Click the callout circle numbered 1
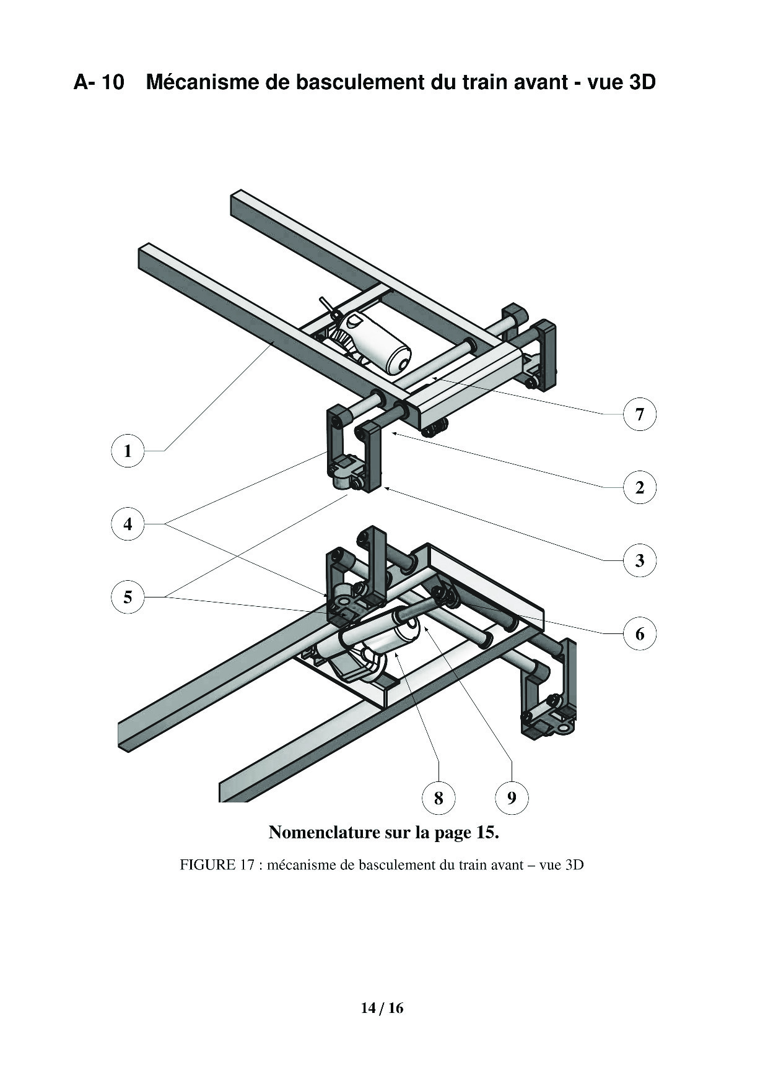pos(128,451)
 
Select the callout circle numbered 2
pos(640,487)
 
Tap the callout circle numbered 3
pos(640,560)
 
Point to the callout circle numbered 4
pos(128,524)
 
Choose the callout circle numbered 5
pos(128,597)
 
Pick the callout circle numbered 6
pos(640,633)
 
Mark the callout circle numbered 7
pos(640,414)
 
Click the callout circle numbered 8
pos(439,797)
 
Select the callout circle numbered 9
pos(512,797)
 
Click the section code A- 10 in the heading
pos(99,82)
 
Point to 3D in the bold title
pos(642,82)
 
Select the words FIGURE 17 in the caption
pos(217,865)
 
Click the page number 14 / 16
pos(382,1009)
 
